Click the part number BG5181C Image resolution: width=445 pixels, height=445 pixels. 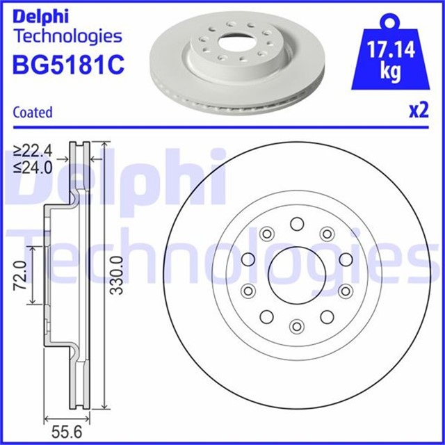[x=68, y=65]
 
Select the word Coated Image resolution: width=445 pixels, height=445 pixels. [x=33, y=112]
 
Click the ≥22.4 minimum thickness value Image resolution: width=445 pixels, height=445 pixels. [x=33, y=149]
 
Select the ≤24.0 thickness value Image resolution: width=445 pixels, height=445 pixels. [x=33, y=167]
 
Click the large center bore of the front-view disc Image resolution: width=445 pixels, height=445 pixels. [x=296, y=275]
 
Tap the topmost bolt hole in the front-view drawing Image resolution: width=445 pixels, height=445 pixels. [x=296, y=223]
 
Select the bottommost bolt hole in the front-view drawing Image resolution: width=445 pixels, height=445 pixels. [x=296, y=326]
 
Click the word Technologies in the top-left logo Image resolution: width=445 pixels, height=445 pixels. [x=68, y=35]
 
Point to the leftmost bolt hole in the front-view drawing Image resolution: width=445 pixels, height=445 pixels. [x=247, y=260]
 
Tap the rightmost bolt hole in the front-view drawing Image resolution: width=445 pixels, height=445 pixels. [x=346, y=260]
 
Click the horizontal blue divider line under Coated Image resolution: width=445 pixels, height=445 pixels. [x=222, y=126]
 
